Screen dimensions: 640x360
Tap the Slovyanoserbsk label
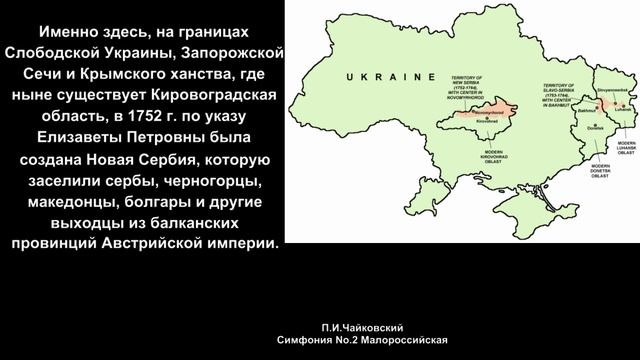612,90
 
